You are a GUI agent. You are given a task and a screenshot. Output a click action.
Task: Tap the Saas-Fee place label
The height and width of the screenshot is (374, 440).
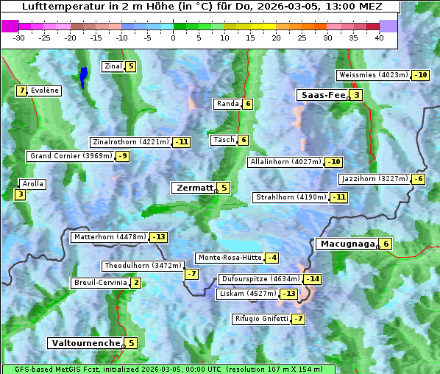(x=322, y=95)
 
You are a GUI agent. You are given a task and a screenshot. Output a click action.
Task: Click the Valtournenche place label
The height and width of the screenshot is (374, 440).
(x=85, y=343)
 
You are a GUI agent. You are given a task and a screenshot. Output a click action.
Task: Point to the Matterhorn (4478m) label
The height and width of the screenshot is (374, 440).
(x=110, y=237)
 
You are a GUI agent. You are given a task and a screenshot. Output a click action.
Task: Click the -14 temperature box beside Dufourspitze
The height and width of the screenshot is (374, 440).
(x=313, y=279)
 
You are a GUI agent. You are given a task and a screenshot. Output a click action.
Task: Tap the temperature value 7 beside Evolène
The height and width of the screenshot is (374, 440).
(x=22, y=91)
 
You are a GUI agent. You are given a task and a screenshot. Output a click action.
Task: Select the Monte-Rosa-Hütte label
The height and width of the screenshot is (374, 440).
(x=229, y=258)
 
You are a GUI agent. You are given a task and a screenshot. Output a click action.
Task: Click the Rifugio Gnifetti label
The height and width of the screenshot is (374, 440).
(x=261, y=319)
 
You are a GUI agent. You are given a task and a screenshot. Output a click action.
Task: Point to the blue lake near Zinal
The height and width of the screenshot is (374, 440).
(x=84, y=76)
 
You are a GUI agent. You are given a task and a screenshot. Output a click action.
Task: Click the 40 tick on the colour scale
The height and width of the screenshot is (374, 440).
(x=379, y=37)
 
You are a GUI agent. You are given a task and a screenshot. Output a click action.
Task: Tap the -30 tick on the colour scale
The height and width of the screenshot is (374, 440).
(x=20, y=37)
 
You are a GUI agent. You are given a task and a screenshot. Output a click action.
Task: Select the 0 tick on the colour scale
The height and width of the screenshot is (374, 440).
(x=174, y=37)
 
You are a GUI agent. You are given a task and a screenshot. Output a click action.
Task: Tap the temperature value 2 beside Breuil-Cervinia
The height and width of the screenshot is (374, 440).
(x=136, y=283)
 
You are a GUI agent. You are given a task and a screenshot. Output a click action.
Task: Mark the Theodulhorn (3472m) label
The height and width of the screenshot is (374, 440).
(x=142, y=266)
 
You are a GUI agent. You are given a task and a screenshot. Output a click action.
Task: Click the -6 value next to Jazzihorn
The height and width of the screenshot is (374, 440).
(x=419, y=179)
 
